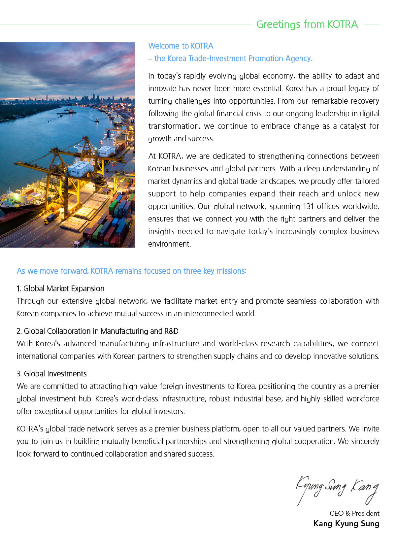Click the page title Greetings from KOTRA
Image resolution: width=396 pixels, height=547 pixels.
click(307, 24)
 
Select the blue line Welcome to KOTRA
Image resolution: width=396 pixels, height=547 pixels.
click(181, 46)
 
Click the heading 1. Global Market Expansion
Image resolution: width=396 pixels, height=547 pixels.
click(60, 289)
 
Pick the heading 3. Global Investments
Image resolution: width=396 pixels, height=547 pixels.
click(51, 374)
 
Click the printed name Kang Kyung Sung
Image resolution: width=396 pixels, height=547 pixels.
click(346, 524)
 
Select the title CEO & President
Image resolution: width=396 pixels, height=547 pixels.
click(354, 513)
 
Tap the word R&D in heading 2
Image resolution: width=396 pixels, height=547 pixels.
click(171, 331)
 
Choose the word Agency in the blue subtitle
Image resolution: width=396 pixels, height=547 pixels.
click(298, 58)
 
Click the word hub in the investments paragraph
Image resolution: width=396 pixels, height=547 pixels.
click(85, 399)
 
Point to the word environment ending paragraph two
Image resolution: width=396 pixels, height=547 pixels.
click(169, 244)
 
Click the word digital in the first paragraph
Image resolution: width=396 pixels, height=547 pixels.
click(369, 114)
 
